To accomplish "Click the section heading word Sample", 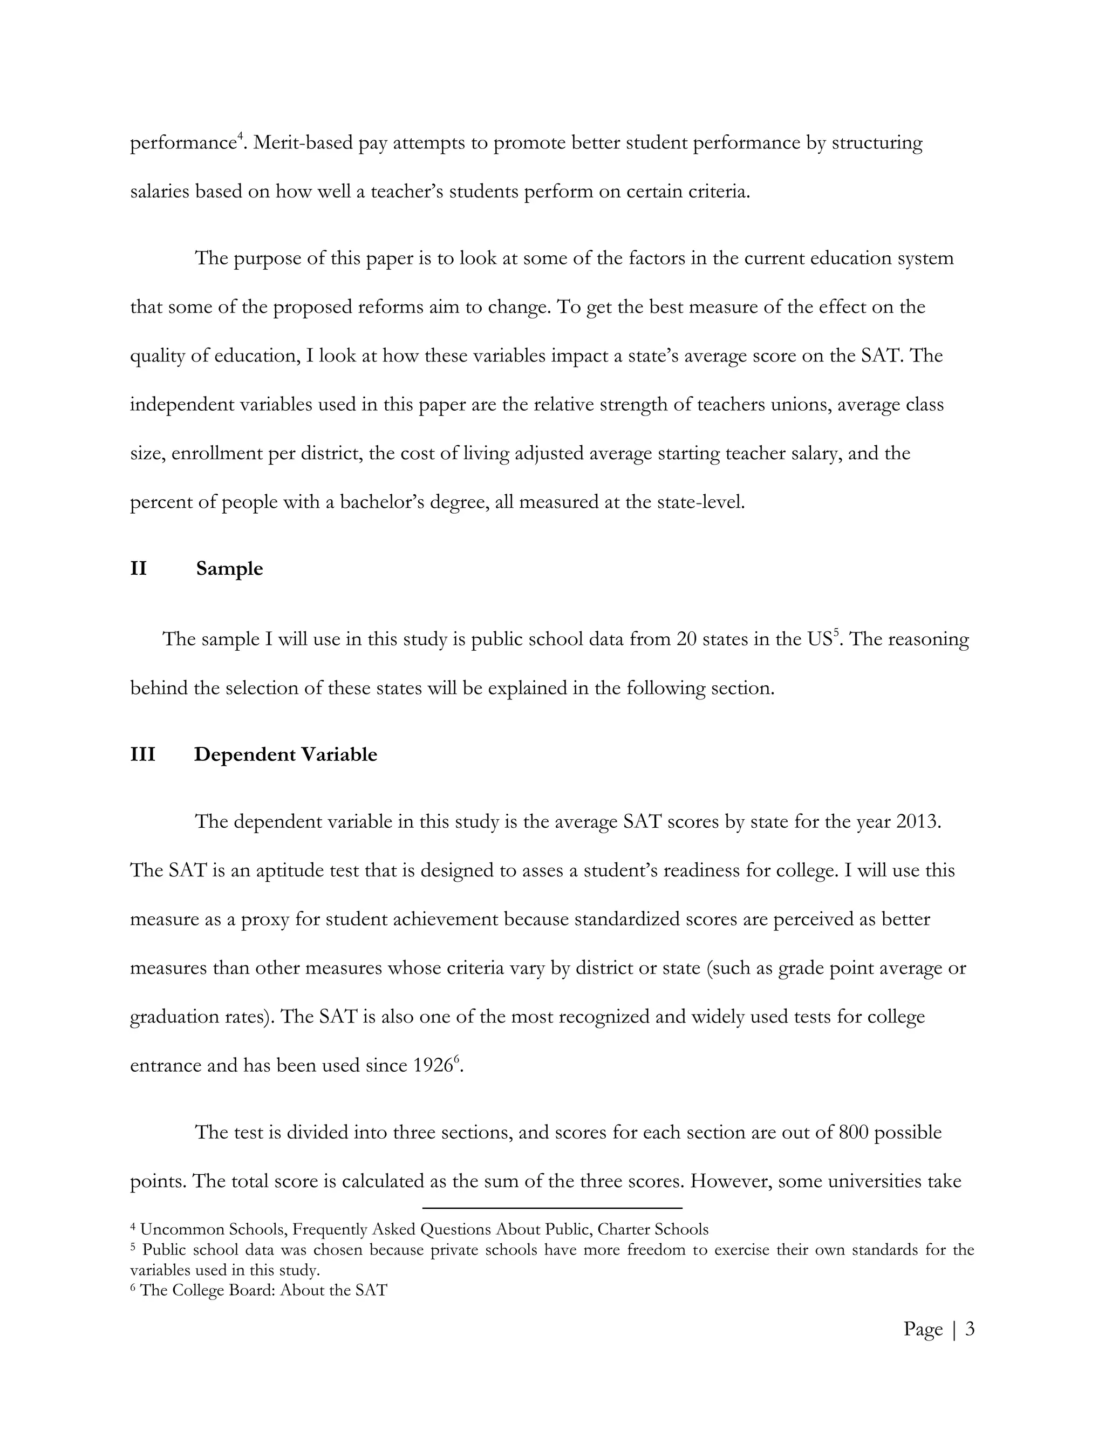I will point(229,568).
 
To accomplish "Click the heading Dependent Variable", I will point(285,754).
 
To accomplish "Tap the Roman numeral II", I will point(138,568).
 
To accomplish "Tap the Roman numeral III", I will point(142,754).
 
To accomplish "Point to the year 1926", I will point(433,1065).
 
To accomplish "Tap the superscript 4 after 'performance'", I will point(240,136).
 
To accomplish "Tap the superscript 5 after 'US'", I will point(835,632).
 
